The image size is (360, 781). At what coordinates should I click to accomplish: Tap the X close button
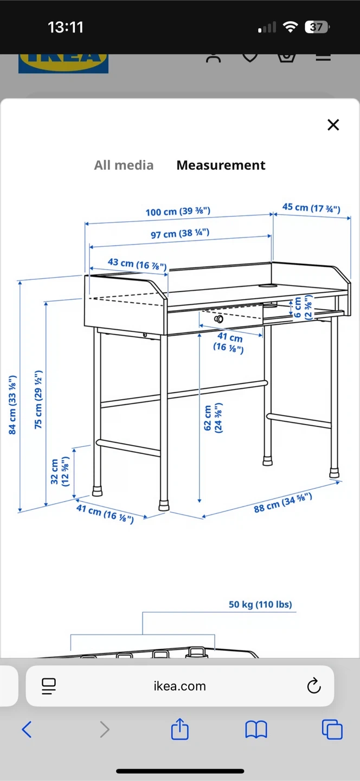click(x=333, y=125)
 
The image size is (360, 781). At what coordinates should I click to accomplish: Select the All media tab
click(x=124, y=165)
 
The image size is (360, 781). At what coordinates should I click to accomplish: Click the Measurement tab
click(x=221, y=165)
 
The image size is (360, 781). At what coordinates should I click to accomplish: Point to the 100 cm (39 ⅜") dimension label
click(x=178, y=212)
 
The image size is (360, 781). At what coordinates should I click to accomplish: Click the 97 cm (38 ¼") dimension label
click(x=180, y=233)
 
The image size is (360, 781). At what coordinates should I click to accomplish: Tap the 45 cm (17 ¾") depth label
click(x=311, y=208)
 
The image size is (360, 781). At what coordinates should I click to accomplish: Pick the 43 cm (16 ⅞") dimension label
click(x=137, y=264)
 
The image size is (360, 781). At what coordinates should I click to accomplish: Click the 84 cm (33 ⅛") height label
click(x=12, y=405)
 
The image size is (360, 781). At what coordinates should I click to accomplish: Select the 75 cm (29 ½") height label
click(x=38, y=400)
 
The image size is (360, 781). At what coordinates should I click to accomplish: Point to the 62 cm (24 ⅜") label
click(x=213, y=418)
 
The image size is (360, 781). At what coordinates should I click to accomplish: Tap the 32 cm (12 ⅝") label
click(x=60, y=471)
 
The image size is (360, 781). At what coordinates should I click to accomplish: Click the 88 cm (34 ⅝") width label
click(x=283, y=503)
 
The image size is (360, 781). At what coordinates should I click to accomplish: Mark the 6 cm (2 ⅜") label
click(x=303, y=307)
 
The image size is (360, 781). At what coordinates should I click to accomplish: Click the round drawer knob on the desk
click(x=219, y=319)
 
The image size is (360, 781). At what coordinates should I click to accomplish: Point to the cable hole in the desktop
click(x=268, y=286)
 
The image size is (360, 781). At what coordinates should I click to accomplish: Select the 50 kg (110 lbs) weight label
click(x=260, y=604)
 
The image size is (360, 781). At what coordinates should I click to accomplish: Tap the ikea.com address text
click(x=180, y=686)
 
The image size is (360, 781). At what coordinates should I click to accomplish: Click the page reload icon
click(x=314, y=686)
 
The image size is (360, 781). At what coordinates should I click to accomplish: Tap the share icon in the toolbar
click(x=180, y=729)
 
